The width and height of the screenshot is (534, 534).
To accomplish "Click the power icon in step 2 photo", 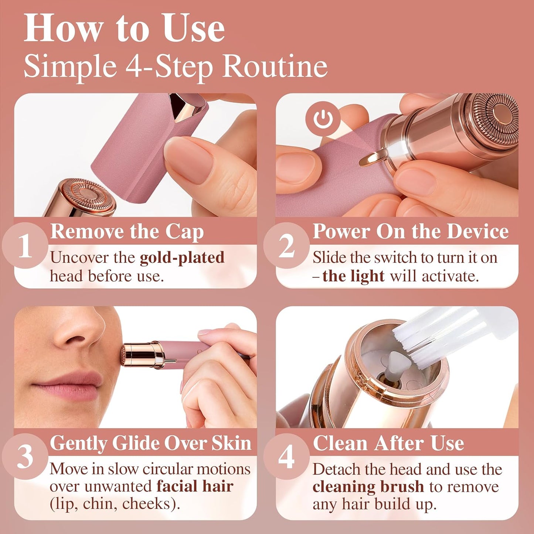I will coord(323,119).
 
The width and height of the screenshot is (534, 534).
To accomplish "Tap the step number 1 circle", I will coord(25,245).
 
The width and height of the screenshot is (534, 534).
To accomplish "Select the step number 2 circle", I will coord(286,245).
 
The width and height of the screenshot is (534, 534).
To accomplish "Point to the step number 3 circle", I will coord(25,457).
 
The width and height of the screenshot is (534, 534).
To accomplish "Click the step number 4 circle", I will coord(286,457).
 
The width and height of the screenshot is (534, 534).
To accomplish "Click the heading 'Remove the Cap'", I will coord(127,232).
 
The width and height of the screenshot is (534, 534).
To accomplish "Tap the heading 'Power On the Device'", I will coord(411,232).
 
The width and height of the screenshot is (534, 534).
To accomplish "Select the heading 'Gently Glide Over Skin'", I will coord(150,443).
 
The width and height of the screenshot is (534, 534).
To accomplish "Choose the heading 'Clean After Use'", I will coord(388,443).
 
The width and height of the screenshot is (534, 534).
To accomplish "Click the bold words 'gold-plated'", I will coord(182,258).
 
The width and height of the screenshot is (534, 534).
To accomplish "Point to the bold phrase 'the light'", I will coord(353,276).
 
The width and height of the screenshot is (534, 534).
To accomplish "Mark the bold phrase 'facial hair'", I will coord(195,486).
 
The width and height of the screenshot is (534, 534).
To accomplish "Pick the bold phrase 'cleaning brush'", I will coord(368,487).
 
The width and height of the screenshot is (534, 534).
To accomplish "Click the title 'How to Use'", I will coord(124,29).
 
